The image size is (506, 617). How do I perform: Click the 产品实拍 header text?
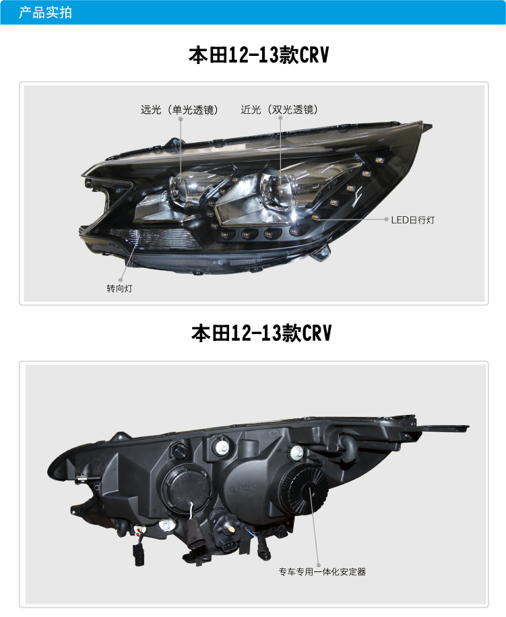click(45, 13)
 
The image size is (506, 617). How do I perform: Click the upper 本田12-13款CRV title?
click(259, 55)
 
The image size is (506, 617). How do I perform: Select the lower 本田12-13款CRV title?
click(261, 333)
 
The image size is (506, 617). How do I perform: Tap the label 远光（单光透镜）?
click(179, 109)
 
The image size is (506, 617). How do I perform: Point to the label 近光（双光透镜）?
click(280, 109)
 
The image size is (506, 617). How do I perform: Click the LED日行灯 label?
click(413, 220)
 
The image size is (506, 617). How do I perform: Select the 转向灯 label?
click(120, 288)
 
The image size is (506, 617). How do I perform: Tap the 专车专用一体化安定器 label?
click(322, 571)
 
